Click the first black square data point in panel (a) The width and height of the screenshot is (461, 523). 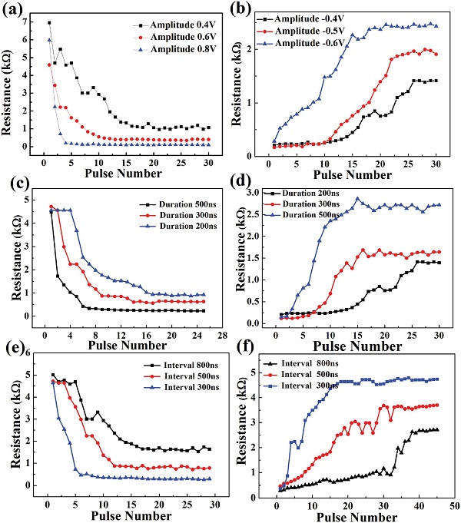click(x=49, y=23)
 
